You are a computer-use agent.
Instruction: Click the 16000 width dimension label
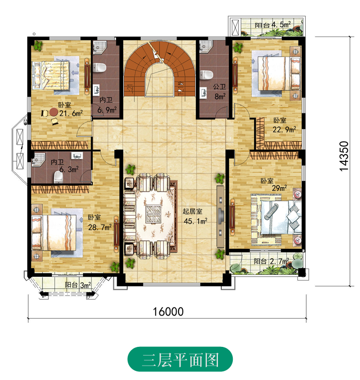[x=168, y=312]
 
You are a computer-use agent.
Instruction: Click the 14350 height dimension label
[x=344, y=156]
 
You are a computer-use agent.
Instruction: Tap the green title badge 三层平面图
[x=180, y=359]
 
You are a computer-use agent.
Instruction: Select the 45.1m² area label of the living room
[x=196, y=221]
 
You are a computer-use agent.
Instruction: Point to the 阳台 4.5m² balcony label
[x=272, y=25]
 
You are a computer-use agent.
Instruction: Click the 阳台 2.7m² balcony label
[x=271, y=261]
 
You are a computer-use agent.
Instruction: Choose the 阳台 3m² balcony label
[x=78, y=285]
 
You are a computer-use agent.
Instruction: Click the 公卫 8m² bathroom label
[x=219, y=92]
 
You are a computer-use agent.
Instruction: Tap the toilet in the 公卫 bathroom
[x=206, y=74]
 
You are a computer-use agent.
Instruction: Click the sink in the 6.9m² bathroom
[x=97, y=89]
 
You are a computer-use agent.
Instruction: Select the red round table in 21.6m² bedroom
[x=54, y=112]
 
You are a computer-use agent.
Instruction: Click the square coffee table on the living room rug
[x=153, y=214]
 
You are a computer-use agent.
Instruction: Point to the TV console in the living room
[x=220, y=216]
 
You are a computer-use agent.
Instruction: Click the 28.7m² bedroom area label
[x=100, y=227]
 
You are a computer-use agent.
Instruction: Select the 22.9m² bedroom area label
[x=284, y=129]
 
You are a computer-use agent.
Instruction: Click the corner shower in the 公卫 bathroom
[x=206, y=46]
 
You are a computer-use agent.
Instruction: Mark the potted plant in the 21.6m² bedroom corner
[x=38, y=45]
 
